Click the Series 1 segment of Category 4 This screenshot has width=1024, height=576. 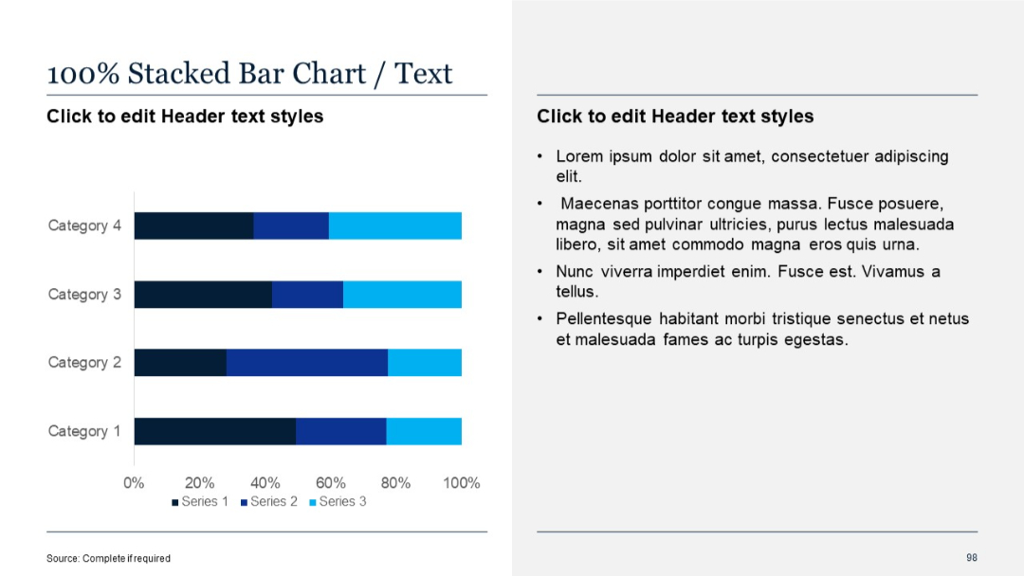193,226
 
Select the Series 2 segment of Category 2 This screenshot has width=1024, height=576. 306,363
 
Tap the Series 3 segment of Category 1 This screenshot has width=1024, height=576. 424,431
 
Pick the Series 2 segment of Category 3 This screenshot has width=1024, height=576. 307,295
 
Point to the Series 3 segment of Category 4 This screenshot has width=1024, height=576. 394,226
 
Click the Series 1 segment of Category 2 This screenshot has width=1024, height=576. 180,363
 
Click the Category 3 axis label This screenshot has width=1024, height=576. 84,295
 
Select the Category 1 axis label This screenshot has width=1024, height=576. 84,432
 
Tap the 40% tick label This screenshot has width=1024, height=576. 265,482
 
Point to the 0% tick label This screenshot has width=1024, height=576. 134,482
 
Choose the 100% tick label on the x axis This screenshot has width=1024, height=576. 462,482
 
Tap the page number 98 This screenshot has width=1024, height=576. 972,557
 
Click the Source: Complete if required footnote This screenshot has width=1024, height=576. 108,558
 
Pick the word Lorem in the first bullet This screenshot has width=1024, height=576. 578,156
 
